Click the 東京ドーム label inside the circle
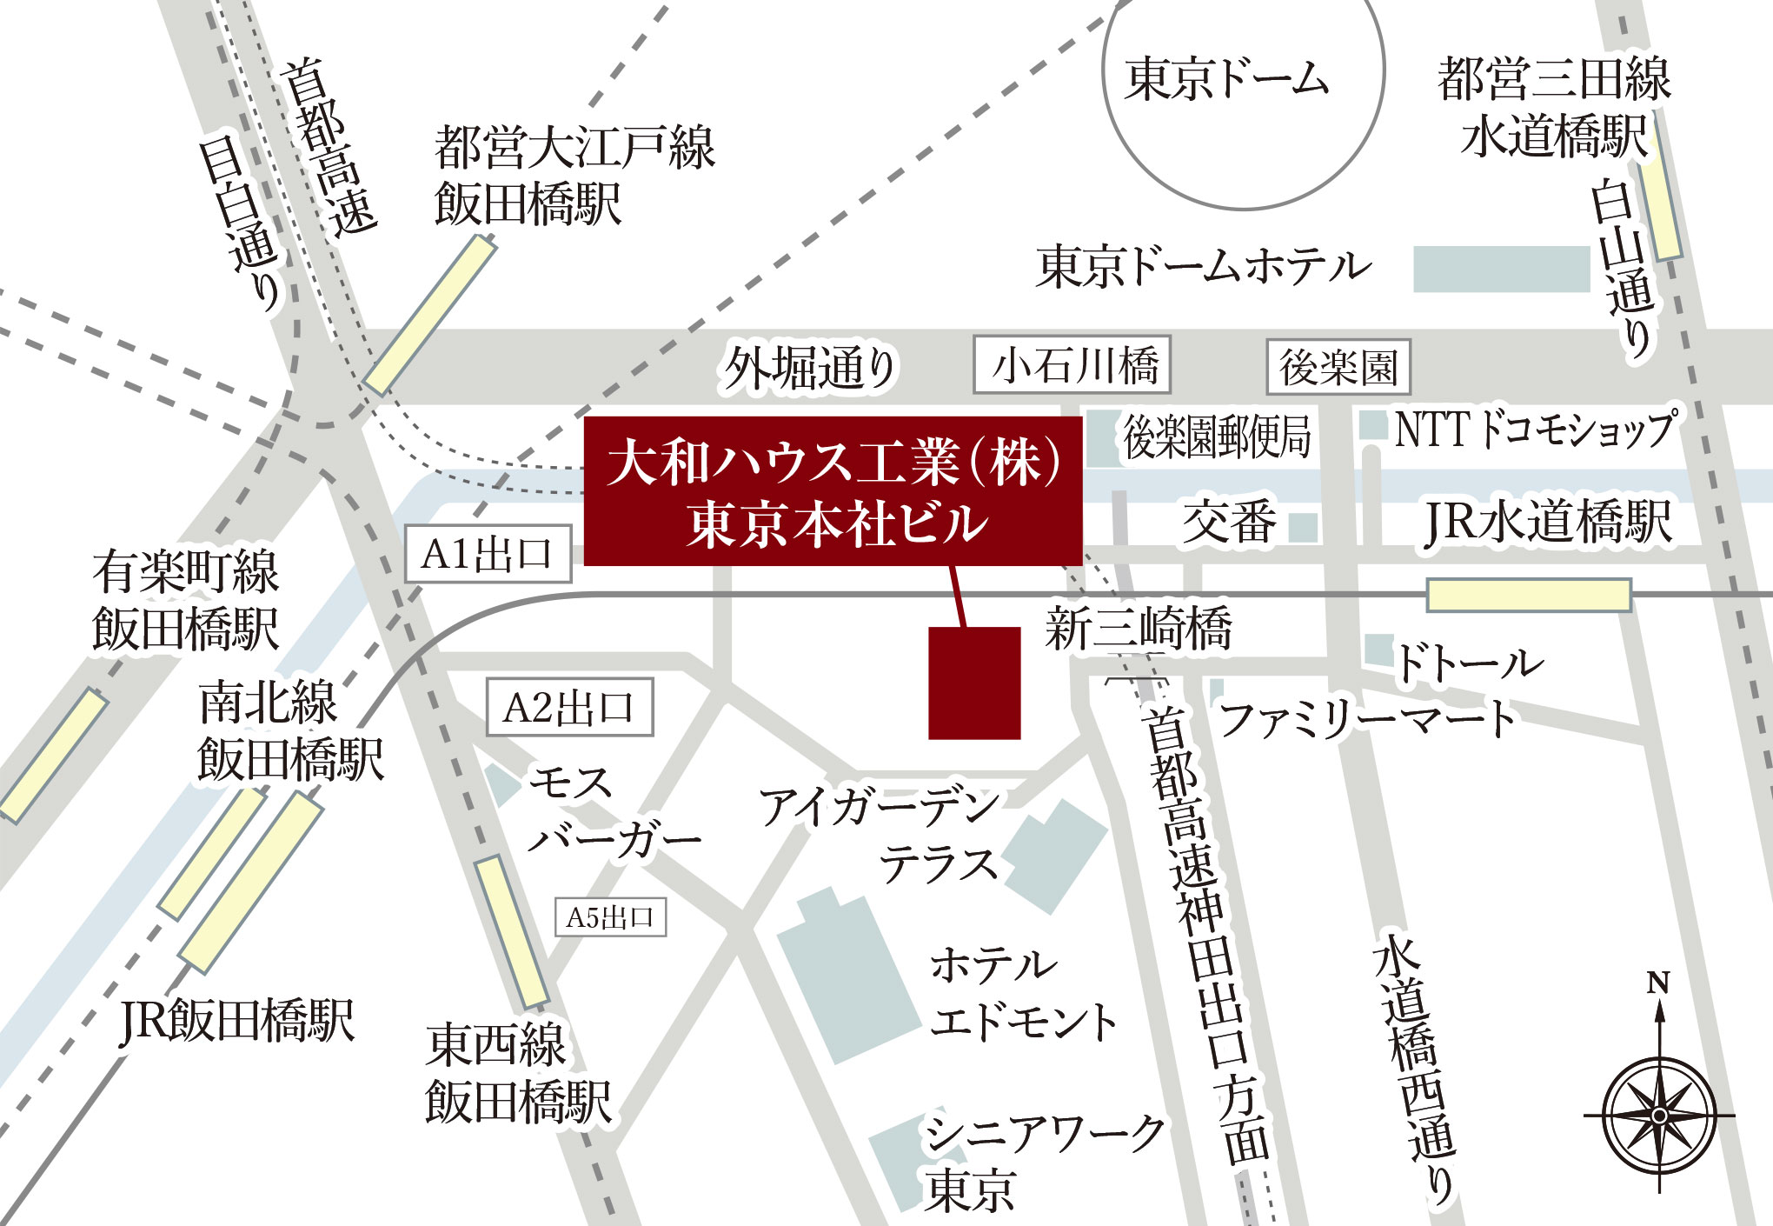1226,79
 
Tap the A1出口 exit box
488,554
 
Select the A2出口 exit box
569,708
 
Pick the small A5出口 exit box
610,917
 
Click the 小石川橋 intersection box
1072,364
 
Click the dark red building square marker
974,683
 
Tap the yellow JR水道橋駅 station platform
1528,596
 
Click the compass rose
1659,1115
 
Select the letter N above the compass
1658,983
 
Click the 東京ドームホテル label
1204,266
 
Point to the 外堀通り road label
810,369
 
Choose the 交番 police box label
1229,523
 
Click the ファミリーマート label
1367,720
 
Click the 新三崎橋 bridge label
1139,629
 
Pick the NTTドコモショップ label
1534,430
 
